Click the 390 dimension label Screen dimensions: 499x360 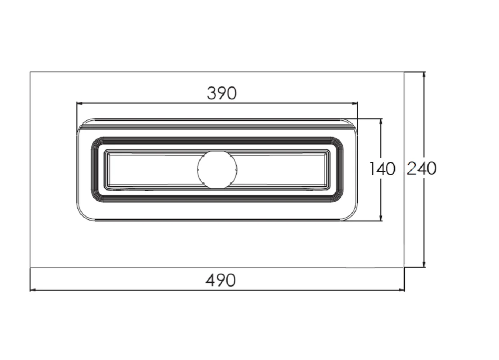click(x=222, y=93)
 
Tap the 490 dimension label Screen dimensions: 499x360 click(x=221, y=281)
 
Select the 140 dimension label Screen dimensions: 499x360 click(x=382, y=169)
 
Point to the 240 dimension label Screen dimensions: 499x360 click(x=422, y=168)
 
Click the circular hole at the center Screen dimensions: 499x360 click(x=217, y=169)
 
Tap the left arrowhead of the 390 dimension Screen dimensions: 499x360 click(x=80, y=103)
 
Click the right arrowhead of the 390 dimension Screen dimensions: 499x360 click(x=354, y=103)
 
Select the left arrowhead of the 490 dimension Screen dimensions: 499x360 click(x=33, y=290)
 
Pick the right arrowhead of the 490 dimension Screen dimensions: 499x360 click(x=401, y=290)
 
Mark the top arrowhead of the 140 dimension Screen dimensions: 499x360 click(x=381, y=122)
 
